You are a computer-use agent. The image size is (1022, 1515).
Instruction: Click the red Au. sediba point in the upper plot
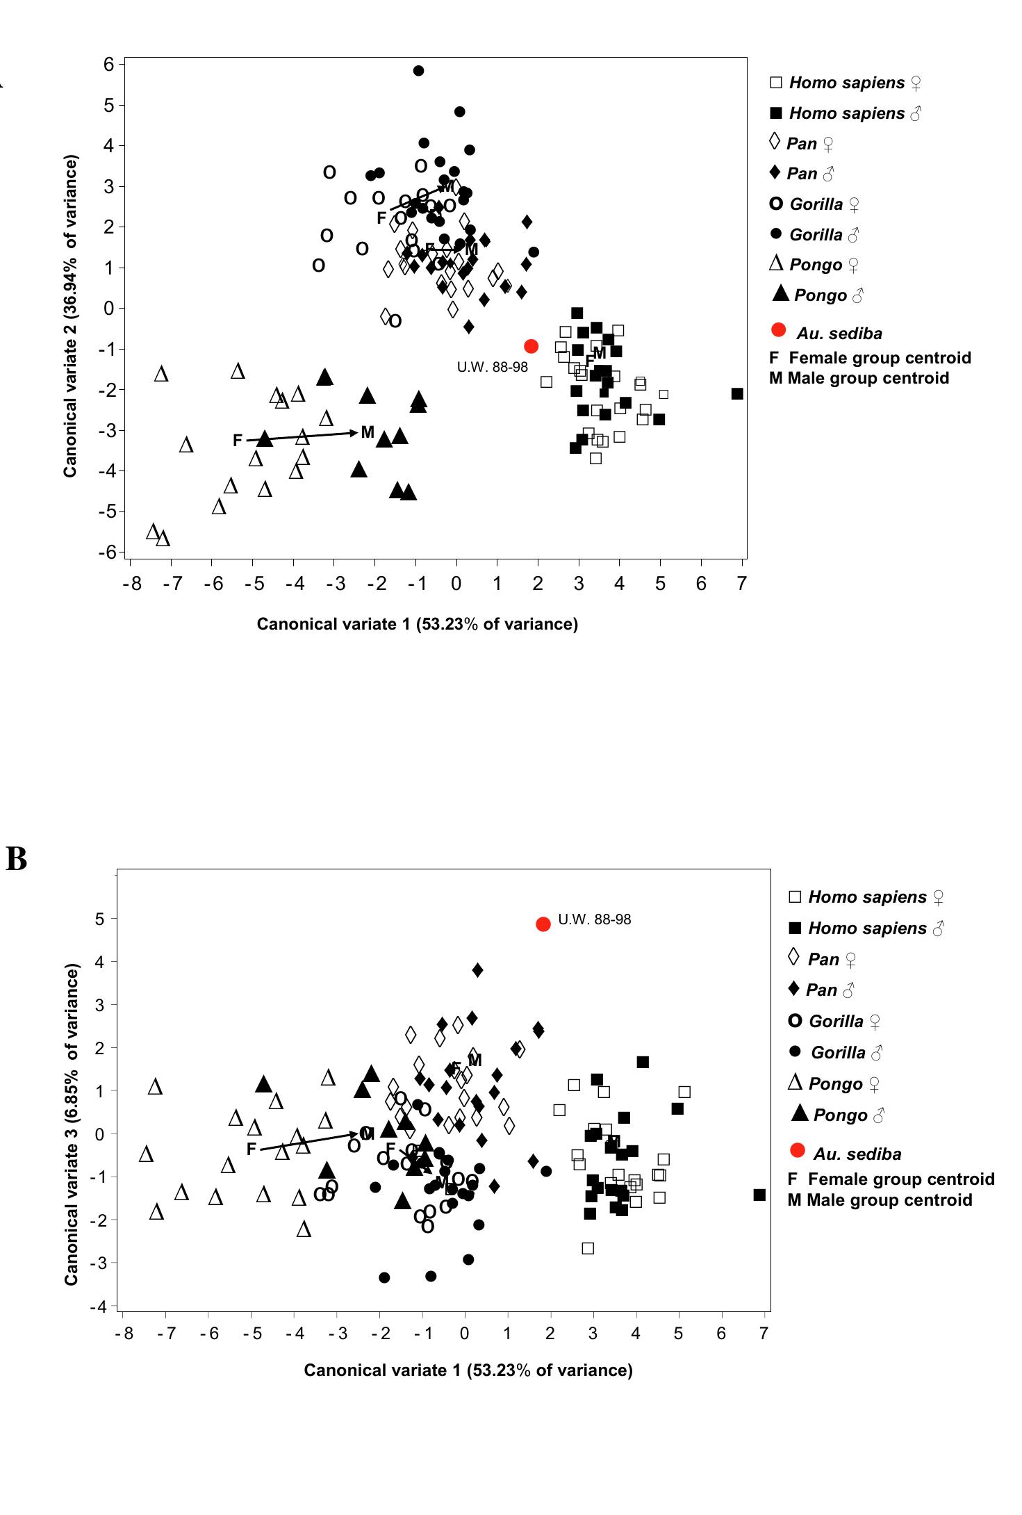[x=531, y=346]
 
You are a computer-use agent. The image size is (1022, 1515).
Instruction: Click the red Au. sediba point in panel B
[x=543, y=924]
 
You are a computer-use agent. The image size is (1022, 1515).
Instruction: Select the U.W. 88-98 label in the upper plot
[x=492, y=368]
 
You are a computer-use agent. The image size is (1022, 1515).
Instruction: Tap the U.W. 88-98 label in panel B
[x=595, y=919]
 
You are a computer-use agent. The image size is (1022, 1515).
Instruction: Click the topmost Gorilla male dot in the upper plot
[x=418, y=71]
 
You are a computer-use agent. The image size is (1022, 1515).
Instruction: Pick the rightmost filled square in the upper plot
[x=737, y=394]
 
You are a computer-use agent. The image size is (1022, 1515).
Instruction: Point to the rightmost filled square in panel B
[x=759, y=1195]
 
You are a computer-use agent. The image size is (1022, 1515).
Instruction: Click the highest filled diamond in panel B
[x=477, y=969]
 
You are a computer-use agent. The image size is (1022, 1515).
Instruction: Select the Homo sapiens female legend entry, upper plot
[x=846, y=83]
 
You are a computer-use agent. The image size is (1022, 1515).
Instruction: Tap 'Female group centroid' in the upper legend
[x=871, y=358]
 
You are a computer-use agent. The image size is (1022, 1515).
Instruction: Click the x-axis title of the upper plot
[x=417, y=624]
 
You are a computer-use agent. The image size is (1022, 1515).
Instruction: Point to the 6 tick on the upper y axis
[x=108, y=65]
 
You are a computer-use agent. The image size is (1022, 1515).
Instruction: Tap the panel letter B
[x=16, y=859]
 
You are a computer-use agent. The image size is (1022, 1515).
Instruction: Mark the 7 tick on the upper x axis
[x=742, y=584]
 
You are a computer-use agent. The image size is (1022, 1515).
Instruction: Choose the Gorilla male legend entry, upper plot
[x=815, y=234]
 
